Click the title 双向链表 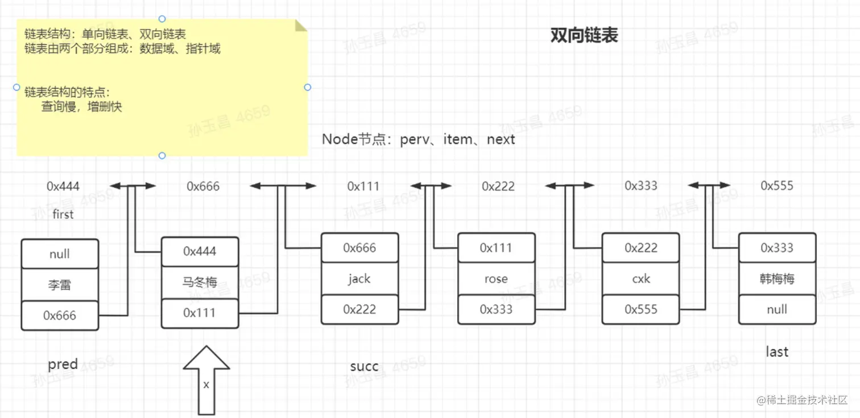pos(584,36)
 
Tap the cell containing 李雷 pos(59,285)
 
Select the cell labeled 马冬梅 pos(200,282)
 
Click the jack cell pos(359,278)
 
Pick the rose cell pos(496,278)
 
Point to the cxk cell pos(640,278)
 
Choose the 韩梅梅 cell pos(777,278)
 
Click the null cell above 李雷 pos(59,254)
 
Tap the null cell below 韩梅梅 pos(777,309)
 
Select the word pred pos(63,364)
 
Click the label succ pos(364,366)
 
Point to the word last pos(777,351)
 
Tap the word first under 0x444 pos(63,214)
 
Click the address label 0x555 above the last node pos(776,186)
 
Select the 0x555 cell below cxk pos(640,309)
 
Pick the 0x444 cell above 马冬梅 pos(200,251)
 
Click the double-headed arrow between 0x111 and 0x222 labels pos(431,186)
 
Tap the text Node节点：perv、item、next pos(418,139)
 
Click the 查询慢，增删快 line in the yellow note pos(81,106)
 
